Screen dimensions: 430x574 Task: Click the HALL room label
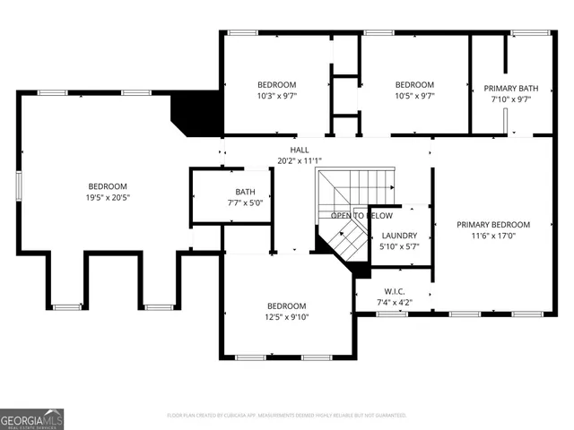300,150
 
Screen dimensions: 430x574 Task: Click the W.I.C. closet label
394,291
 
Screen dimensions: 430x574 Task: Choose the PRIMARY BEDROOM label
492,225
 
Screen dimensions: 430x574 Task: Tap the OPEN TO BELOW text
361,216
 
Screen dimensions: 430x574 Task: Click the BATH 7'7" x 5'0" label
245,192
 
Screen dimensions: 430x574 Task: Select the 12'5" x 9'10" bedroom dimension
286,316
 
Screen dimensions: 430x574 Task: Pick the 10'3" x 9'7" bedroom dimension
276,96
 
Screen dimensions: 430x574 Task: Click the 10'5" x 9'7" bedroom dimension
414,96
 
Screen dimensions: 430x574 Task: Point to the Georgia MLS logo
31,418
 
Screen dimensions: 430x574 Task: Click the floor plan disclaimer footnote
287,416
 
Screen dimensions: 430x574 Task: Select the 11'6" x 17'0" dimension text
492,236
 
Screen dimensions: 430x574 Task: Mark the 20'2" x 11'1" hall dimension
300,161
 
